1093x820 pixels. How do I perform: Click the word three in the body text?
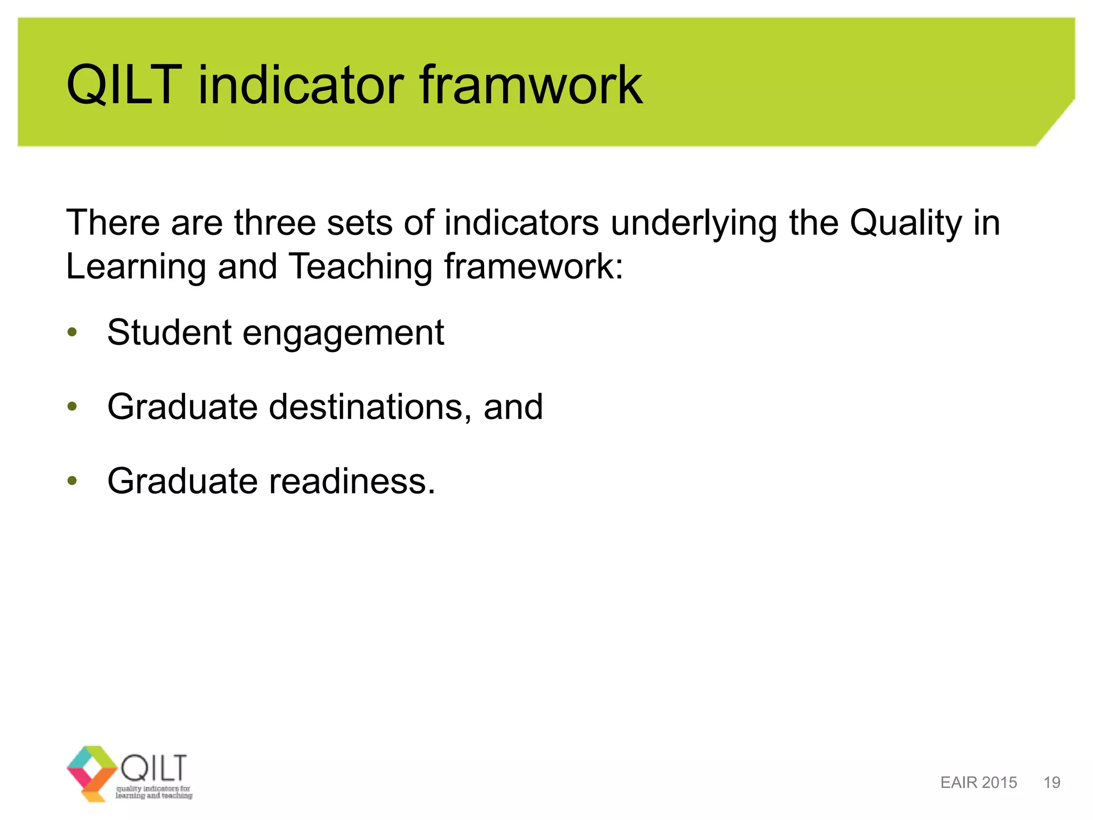click(275, 223)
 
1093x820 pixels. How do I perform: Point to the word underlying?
click(694, 223)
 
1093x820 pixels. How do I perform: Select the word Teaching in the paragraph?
click(361, 266)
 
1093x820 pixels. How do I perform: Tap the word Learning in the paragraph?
click(136, 266)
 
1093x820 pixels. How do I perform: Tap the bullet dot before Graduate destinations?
click(73, 407)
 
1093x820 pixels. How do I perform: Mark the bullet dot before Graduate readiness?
click(73, 481)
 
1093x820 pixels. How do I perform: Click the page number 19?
click(1051, 783)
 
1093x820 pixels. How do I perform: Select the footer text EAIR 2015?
click(978, 783)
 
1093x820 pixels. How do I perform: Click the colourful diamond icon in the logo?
click(92, 771)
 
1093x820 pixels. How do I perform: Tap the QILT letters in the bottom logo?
click(154, 767)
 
